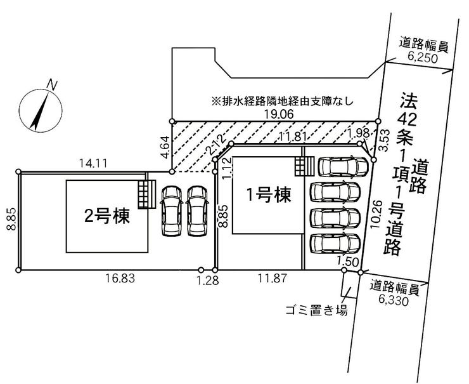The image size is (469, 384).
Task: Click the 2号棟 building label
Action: pos(108,216)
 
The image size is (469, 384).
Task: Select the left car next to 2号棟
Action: pos(172,210)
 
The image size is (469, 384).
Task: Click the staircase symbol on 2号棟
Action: pos(147,193)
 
